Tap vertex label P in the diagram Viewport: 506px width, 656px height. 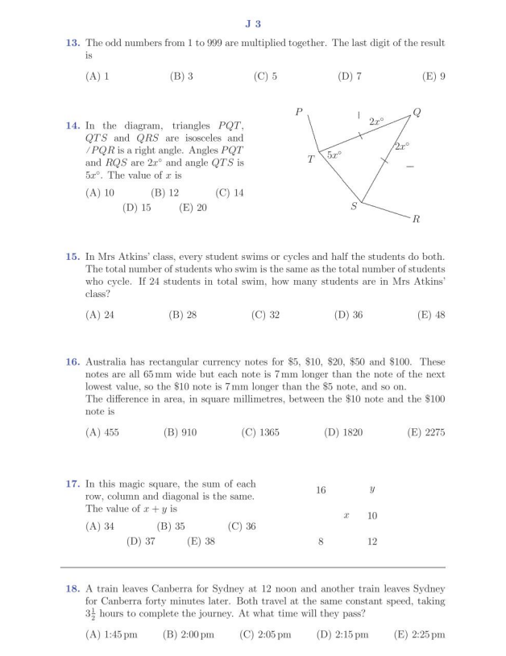click(299, 112)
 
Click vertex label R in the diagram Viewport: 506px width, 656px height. click(416, 218)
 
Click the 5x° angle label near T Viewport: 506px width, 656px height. click(334, 153)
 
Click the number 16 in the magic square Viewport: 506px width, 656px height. click(321, 489)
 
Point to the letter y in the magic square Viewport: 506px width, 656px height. click(371, 489)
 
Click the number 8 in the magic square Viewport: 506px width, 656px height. click(321, 542)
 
